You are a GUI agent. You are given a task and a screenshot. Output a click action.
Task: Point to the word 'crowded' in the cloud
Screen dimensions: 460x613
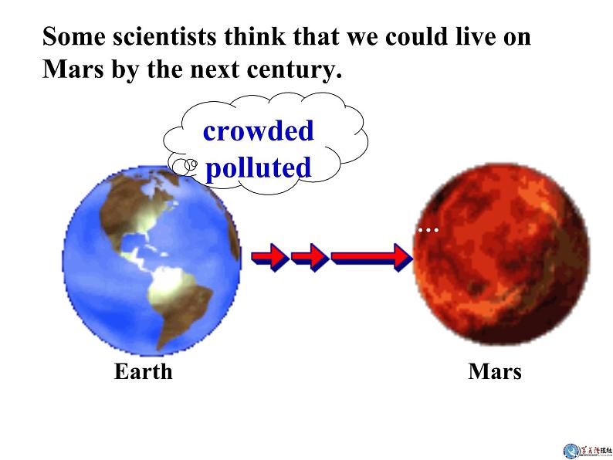click(258, 130)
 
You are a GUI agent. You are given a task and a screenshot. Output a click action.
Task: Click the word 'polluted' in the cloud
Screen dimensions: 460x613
click(259, 167)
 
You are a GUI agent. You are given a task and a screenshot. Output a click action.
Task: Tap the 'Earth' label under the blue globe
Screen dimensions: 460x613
click(143, 371)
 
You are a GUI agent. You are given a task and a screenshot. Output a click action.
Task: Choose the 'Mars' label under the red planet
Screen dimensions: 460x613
click(494, 371)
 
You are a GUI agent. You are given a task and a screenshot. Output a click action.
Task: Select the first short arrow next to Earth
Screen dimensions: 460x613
click(269, 256)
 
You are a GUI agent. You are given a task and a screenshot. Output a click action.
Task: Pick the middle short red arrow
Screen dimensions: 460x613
click(310, 256)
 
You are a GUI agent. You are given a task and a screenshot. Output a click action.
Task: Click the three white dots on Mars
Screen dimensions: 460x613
click(428, 230)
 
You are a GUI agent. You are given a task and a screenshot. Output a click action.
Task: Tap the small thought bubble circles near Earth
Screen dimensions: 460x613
click(185, 164)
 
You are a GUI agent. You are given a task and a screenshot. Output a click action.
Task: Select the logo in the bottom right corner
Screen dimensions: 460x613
click(588, 449)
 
